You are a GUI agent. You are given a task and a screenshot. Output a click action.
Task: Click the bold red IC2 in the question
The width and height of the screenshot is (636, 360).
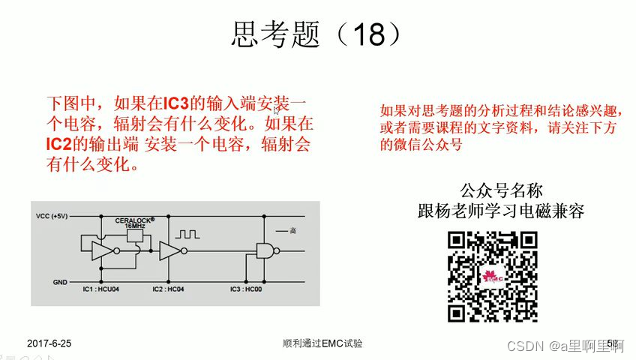(x=62, y=142)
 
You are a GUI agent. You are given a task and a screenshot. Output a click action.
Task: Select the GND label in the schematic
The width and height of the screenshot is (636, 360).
(x=60, y=282)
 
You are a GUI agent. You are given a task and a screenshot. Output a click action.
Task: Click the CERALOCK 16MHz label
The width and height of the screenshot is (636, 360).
(x=134, y=223)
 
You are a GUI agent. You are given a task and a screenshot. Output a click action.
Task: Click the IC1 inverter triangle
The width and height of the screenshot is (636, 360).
(x=103, y=250)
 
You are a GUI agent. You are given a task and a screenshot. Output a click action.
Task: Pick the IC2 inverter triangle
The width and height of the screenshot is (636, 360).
(x=170, y=250)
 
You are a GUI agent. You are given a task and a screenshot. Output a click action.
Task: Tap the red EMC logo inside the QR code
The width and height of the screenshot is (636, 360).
(x=492, y=276)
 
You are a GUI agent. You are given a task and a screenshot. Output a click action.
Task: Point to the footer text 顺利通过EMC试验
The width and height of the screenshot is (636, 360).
(x=322, y=343)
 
